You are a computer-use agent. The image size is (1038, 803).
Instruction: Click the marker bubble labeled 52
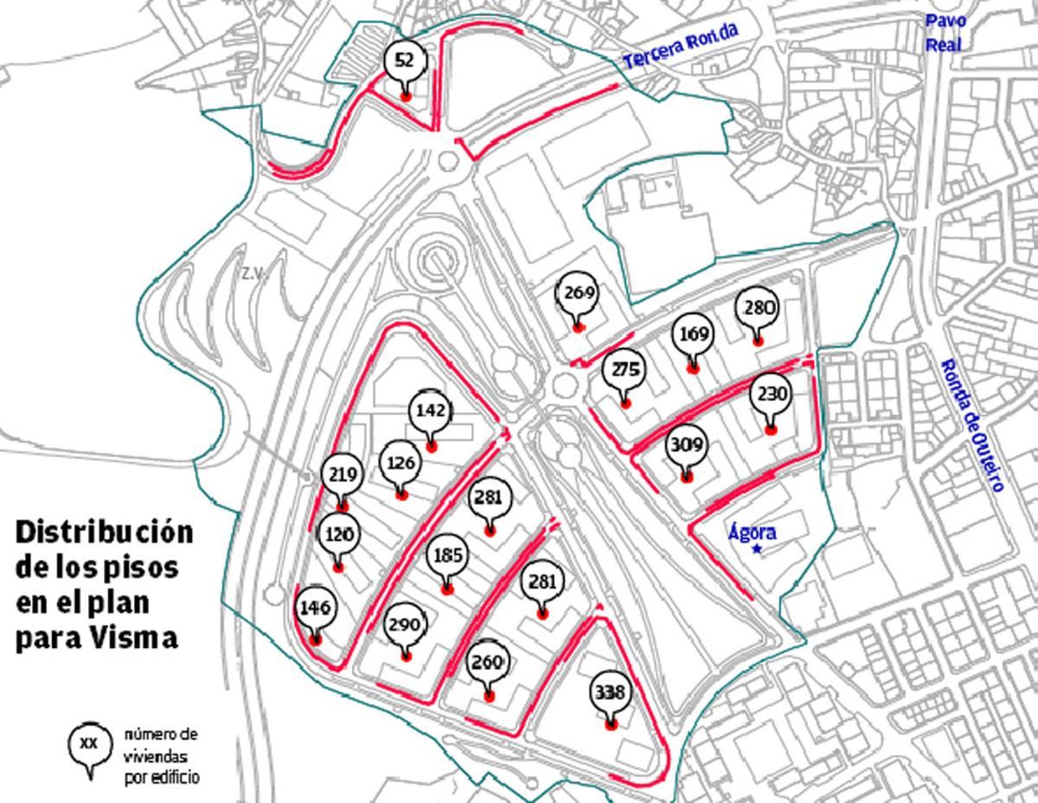click(x=404, y=61)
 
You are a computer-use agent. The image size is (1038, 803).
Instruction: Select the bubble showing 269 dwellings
click(x=578, y=292)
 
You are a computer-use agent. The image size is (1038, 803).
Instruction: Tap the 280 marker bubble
click(x=757, y=308)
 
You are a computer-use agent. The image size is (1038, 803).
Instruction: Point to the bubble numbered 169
click(x=693, y=334)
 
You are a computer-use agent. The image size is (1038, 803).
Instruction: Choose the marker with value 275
click(x=625, y=370)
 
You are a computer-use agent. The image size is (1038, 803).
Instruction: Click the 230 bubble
click(x=770, y=395)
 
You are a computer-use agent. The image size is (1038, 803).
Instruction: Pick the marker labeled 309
click(x=687, y=446)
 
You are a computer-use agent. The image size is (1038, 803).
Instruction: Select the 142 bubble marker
click(x=430, y=410)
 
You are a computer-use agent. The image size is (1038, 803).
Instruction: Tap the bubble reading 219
click(x=343, y=474)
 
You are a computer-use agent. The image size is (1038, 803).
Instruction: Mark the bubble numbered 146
click(x=314, y=608)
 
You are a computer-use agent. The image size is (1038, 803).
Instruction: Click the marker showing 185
click(x=446, y=556)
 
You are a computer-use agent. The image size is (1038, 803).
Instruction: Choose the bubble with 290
click(x=404, y=625)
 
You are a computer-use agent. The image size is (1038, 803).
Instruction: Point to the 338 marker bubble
click(x=611, y=693)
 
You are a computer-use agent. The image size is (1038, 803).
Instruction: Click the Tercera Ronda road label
click(x=681, y=46)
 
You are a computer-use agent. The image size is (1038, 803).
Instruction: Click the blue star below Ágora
click(x=758, y=549)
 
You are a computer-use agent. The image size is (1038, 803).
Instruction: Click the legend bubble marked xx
click(x=89, y=743)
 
